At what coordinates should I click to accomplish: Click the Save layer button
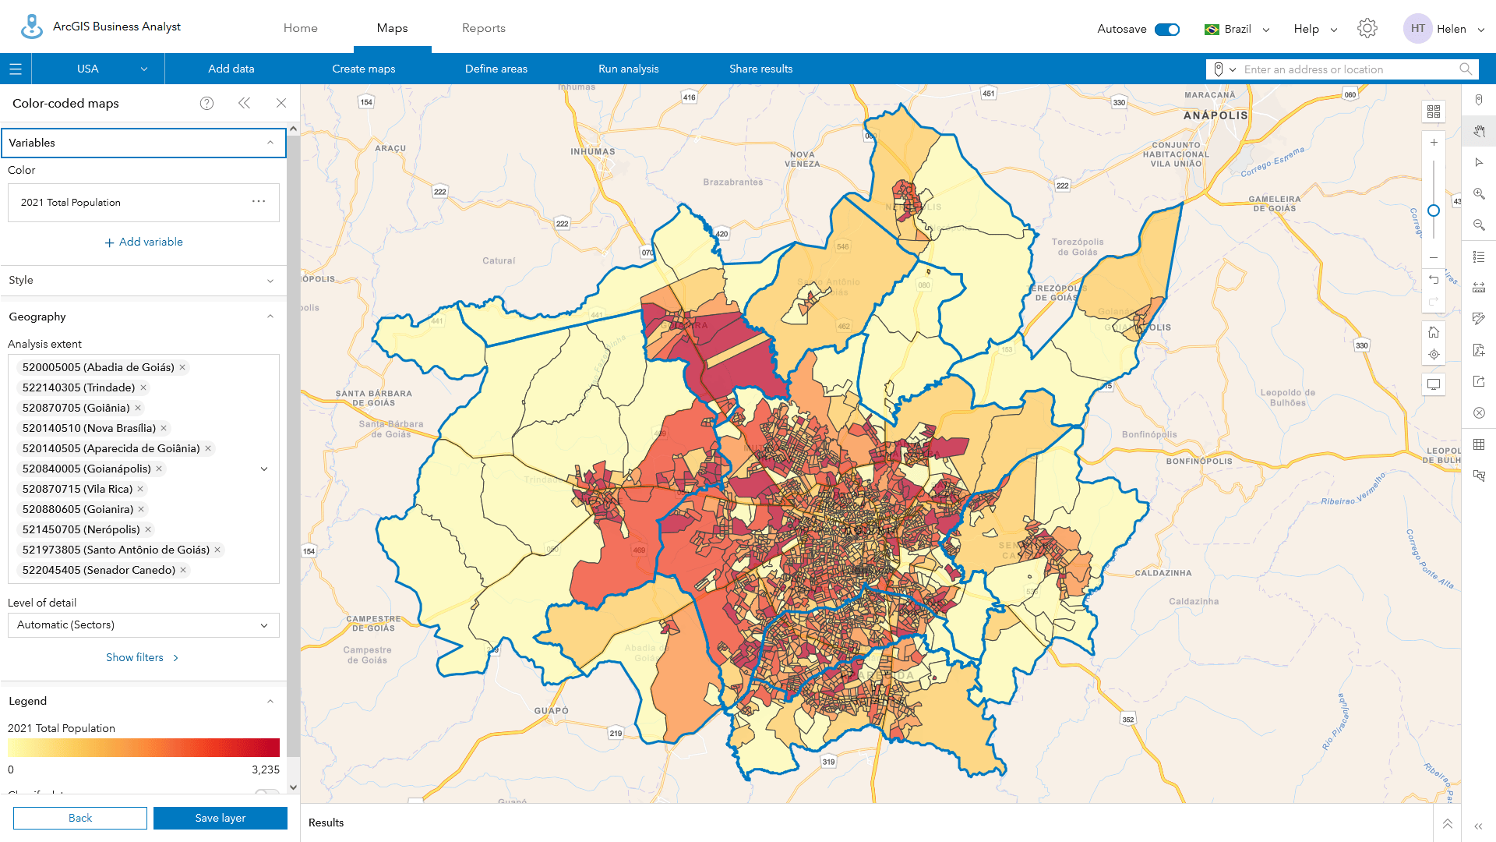[x=221, y=818]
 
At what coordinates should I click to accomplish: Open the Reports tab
[x=483, y=28]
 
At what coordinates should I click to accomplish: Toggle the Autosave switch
[x=1166, y=29]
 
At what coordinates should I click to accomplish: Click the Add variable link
[x=144, y=242]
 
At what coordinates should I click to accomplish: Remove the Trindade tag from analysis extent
[x=143, y=387]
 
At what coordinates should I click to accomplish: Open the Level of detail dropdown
[x=143, y=624]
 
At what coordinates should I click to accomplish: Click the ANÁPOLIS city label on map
[x=1215, y=115]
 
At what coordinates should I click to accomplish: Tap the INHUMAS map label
[x=592, y=152]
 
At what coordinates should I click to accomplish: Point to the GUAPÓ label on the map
[x=551, y=710]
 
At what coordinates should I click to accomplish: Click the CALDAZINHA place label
[x=1163, y=573]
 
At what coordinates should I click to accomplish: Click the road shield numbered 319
[x=828, y=762]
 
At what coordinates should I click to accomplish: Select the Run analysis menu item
[x=628, y=69]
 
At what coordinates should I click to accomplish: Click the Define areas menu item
[x=496, y=69]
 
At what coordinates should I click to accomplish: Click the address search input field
[x=1348, y=69]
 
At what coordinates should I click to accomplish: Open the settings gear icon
[x=1367, y=29]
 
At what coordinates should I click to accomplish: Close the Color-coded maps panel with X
[x=280, y=103]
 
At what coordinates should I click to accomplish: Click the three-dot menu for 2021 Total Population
[x=259, y=202]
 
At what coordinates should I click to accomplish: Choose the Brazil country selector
[x=1237, y=29]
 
